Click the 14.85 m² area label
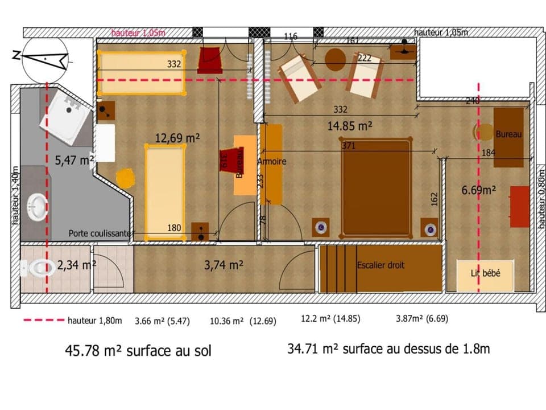point(349,126)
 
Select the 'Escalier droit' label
point(380,265)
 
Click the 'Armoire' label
point(272,162)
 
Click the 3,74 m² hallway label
point(224,264)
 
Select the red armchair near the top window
point(210,60)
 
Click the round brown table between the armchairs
point(336,59)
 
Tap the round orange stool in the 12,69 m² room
point(126,178)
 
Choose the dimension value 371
point(349,146)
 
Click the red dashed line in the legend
point(43,321)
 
